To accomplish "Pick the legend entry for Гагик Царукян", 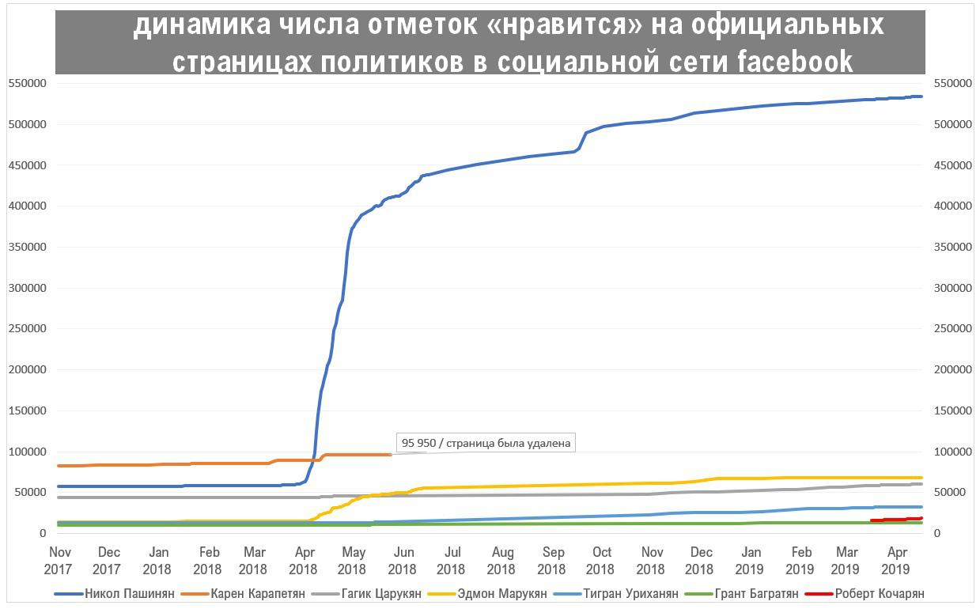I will [383, 594].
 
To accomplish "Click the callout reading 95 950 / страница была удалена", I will [486, 443].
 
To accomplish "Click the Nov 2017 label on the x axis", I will [59, 560].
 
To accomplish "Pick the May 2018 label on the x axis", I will [353, 560].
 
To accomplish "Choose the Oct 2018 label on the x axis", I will [601, 560].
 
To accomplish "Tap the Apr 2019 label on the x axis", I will [896, 560].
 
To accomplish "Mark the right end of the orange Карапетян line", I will [391, 454].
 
